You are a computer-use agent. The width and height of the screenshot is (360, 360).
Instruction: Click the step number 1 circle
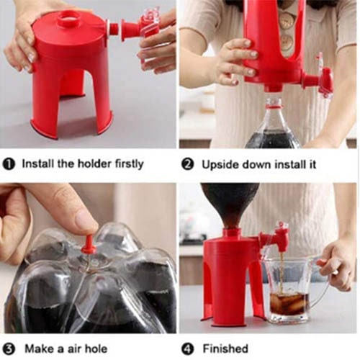(9, 164)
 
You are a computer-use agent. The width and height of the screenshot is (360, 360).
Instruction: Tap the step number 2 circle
(187, 165)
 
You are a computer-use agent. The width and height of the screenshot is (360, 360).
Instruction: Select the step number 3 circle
(9, 349)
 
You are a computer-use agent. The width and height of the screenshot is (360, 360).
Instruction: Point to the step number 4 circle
(187, 349)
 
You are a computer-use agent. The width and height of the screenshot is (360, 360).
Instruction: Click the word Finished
(225, 348)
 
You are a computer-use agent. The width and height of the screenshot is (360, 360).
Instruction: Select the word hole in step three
(95, 348)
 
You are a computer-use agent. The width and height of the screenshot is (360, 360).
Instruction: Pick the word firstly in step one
(129, 164)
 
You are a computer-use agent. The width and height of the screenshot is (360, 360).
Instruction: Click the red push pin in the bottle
(89, 244)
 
